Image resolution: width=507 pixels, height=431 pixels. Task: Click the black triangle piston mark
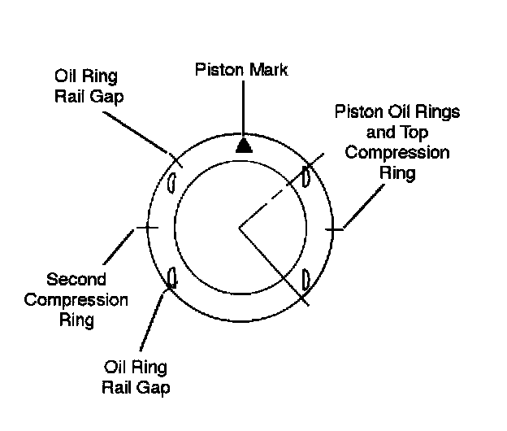[x=241, y=145]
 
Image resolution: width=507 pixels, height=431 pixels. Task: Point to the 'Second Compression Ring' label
[x=76, y=299]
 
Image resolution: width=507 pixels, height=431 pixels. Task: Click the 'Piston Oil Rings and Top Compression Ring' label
[x=397, y=141]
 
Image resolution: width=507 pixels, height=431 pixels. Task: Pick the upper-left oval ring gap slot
[x=171, y=183]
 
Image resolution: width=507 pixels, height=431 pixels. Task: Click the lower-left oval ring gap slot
[x=171, y=278]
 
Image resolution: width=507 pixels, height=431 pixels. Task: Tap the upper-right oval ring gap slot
[x=306, y=177]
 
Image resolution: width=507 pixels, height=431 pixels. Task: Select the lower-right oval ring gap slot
[x=306, y=279]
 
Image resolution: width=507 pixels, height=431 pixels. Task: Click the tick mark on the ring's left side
[x=147, y=228]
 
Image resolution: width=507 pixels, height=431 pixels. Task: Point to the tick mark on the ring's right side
[x=333, y=229]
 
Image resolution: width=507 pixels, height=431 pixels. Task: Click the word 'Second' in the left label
[x=76, y=281]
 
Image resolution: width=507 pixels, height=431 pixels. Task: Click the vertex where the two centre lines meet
[x=239, y=227]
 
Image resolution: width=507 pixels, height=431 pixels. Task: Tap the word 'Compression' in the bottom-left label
[x=76, y=299]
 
